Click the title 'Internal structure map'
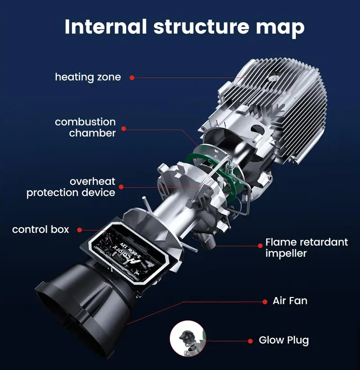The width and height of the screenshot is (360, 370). point(185,26)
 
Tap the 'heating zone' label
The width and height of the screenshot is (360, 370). point(88,77)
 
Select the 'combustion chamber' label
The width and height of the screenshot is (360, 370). point(86,127)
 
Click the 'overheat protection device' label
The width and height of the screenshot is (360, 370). point(71,187)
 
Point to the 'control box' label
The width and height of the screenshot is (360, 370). point(40,230)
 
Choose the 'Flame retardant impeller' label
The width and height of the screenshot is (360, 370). point(307,248)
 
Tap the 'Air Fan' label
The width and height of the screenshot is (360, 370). point(290,301)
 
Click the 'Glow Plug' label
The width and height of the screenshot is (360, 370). point(284,340)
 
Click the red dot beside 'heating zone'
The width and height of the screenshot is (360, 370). point(132,78)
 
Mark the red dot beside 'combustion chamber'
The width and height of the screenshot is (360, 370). point(124,128)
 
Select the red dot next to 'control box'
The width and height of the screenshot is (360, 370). point(80,230)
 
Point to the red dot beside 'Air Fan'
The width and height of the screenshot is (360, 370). point(263,301)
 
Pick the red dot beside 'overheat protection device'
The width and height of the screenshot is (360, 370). point(120,187)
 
